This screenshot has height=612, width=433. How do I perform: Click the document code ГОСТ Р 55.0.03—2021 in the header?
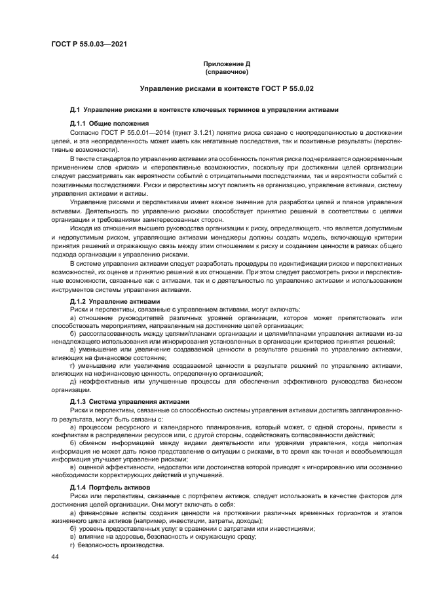89,44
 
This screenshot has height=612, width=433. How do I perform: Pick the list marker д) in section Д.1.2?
73,382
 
